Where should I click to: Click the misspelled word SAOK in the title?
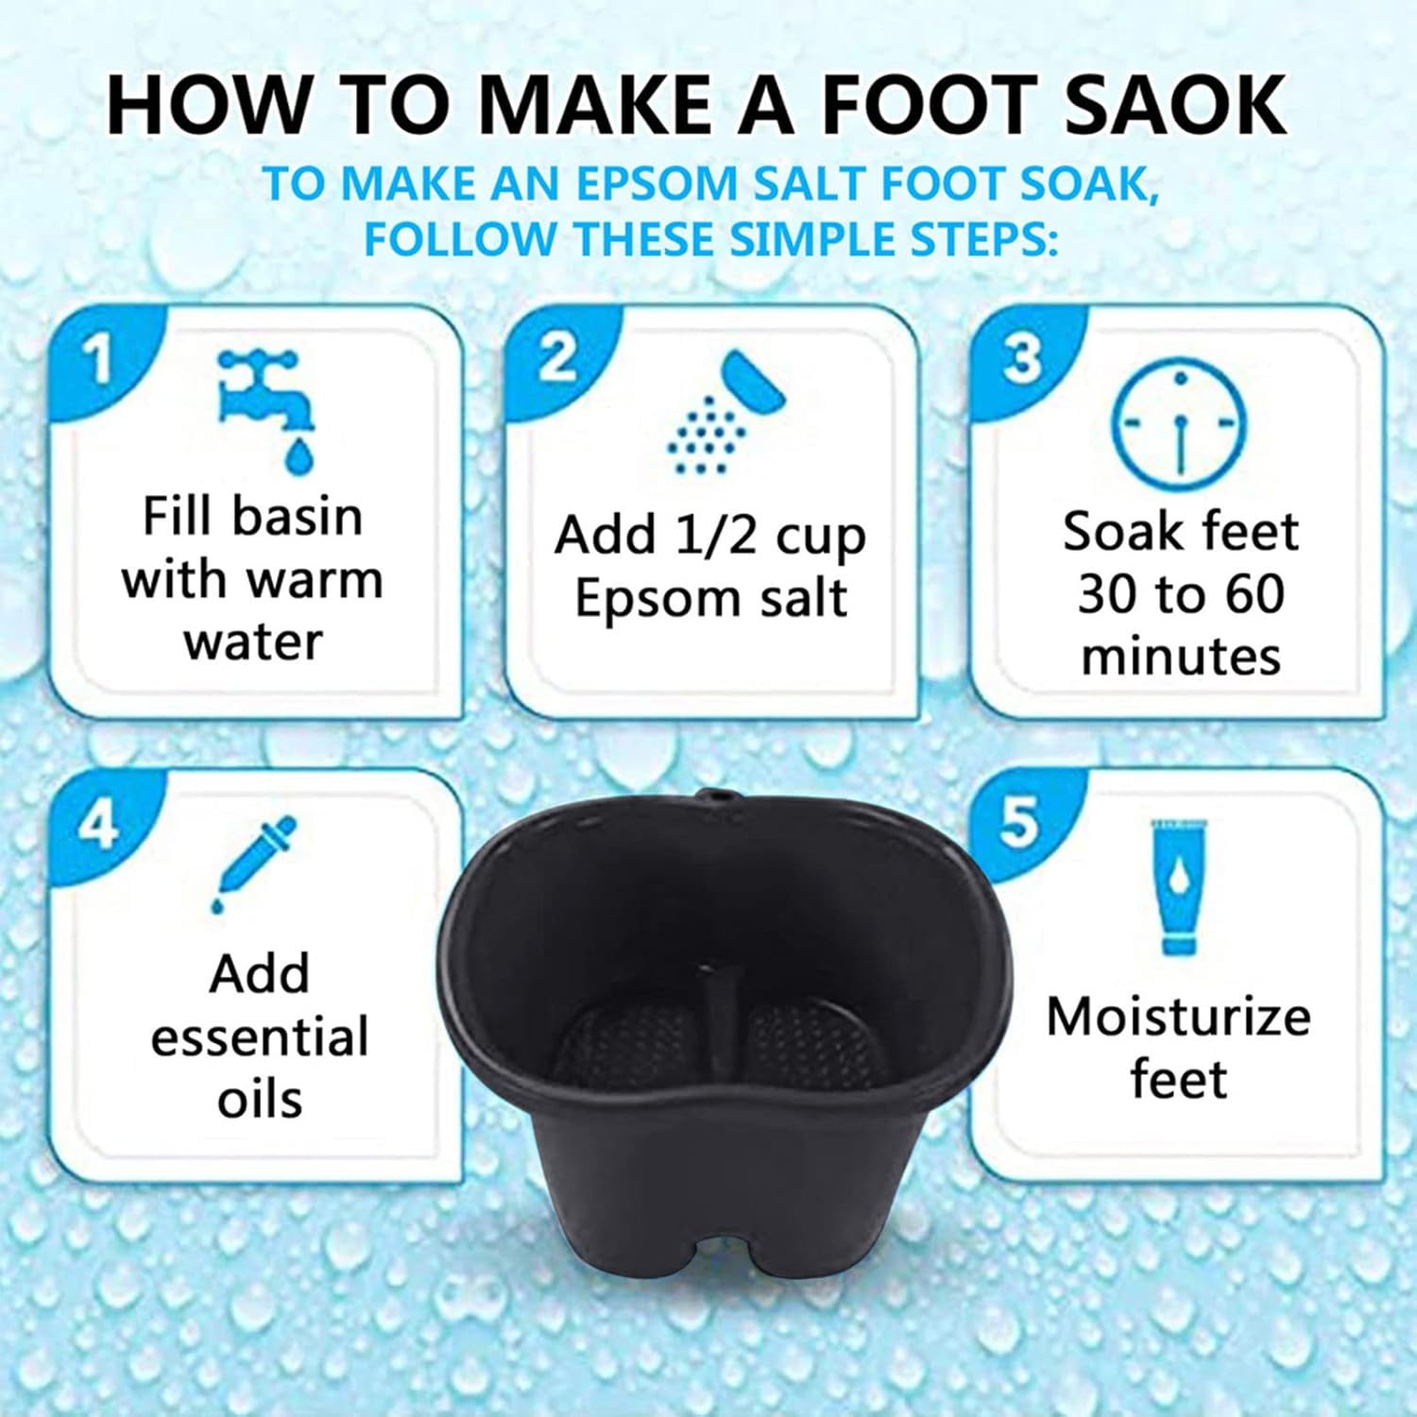click(x=1175, y=104)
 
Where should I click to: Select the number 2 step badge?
click(x=557, y=359)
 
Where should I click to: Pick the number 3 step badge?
click(x=1022, y=359)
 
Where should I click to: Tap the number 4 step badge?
click(x=98, y=824)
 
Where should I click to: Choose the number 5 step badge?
click(x=1019, y=821)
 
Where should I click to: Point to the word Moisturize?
click(x=1178, y=1017)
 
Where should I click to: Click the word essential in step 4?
click(x=260, y=1037)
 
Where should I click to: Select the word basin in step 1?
click(x=297, y=517)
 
